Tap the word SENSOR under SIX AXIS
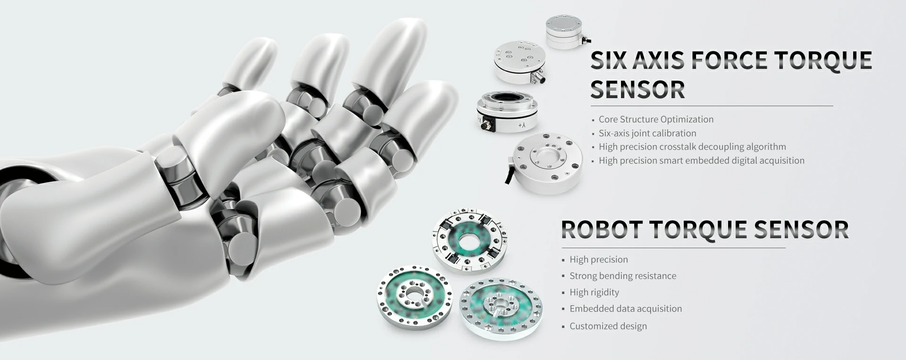click(638, 90)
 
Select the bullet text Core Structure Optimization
click(656, 119)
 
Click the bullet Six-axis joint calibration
click(647, 133)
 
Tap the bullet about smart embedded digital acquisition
click(701, 160)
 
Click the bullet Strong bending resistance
click(622, 276)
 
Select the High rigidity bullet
click(594, 292)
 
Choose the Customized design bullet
click(608, 326)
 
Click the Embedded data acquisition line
click(625, 309)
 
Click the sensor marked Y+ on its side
click(506, 112)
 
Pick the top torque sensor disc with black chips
click(470, 241)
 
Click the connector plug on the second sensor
click(537, 76)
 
